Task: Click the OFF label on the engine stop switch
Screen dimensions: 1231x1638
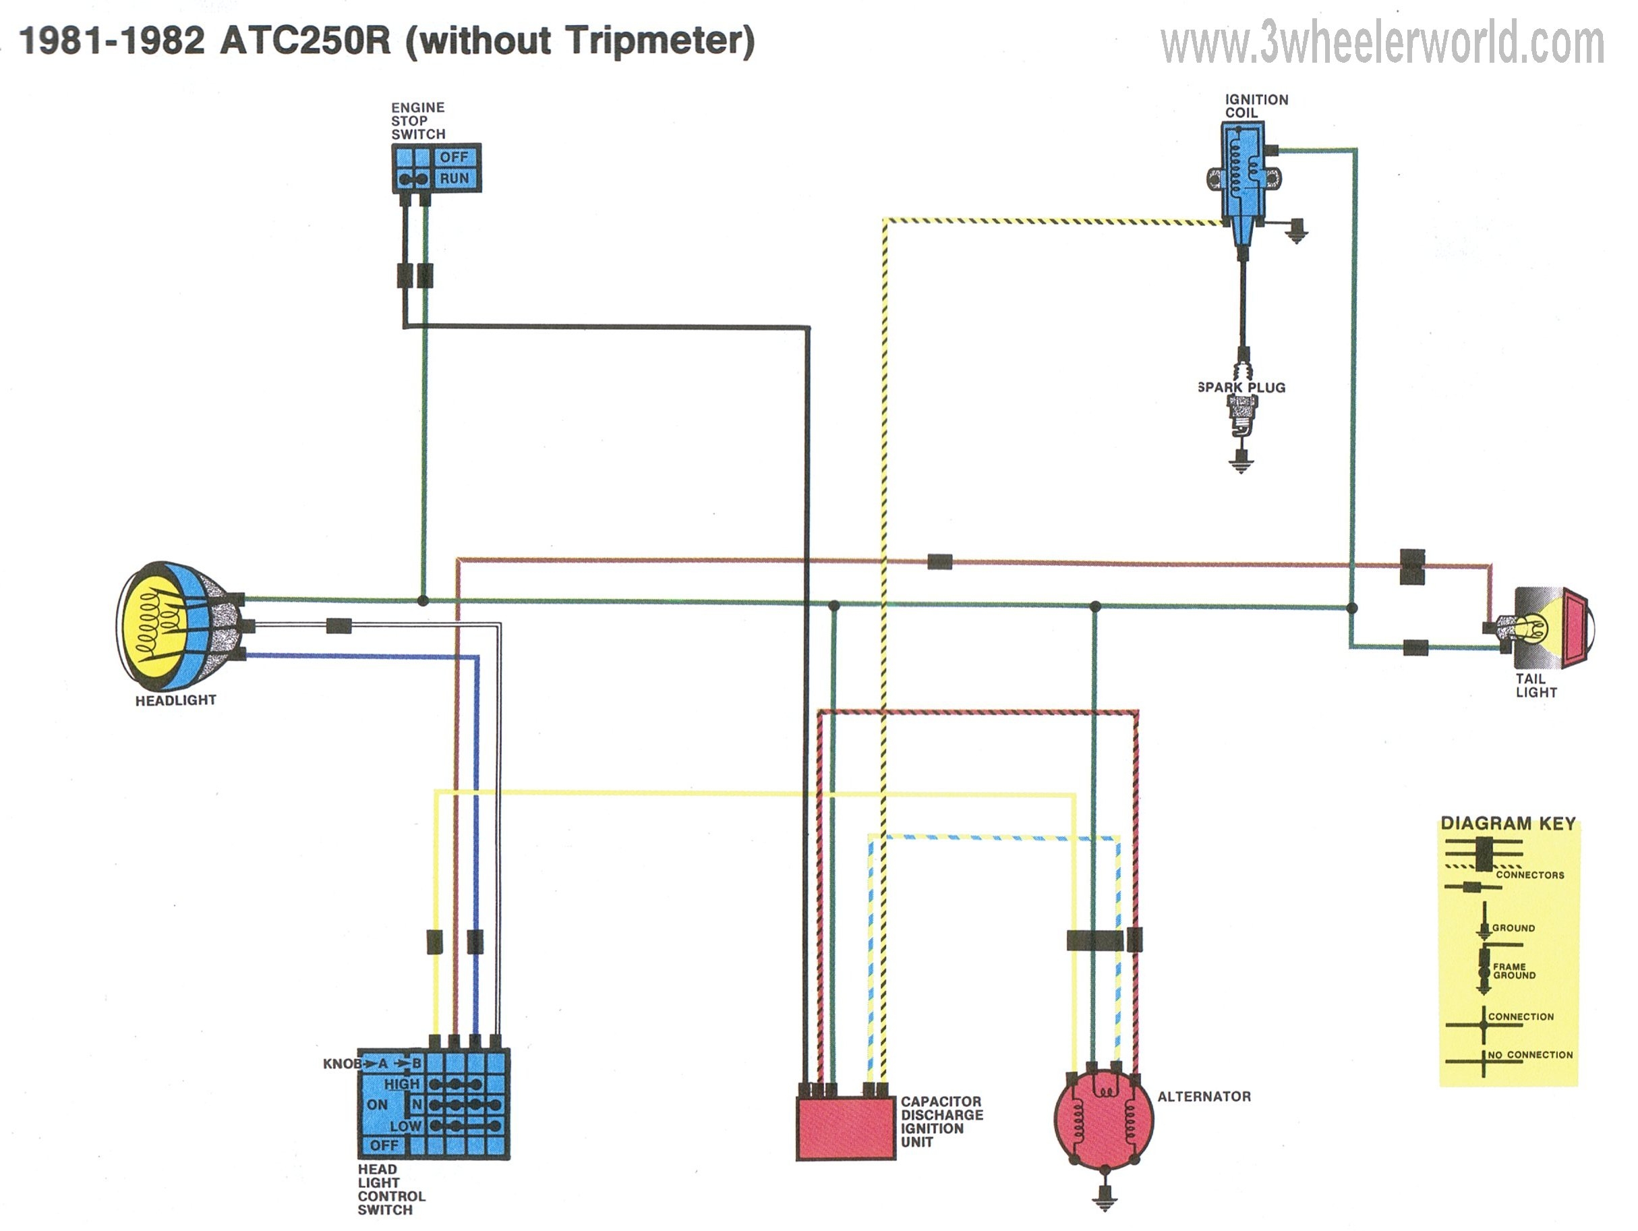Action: point(454,157)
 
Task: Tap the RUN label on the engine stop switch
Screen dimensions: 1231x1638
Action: point(454,179)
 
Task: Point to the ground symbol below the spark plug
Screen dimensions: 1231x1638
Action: point(1241,463)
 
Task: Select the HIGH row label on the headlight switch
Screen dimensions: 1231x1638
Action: point(401,1083)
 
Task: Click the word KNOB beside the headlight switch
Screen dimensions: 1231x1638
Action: point(341,1064)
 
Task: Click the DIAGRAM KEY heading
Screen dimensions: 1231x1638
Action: point(1508,824)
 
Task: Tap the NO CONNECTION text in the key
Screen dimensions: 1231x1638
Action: point(1530,1055)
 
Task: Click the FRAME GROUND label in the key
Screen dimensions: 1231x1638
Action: point(1514,971)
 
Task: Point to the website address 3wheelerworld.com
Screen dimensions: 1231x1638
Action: point(1382,43)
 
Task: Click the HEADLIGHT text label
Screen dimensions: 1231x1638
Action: point(175,700)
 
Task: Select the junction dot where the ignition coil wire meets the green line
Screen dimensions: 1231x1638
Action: point(1351,608)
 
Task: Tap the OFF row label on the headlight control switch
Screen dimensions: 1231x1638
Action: point(384,1145)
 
